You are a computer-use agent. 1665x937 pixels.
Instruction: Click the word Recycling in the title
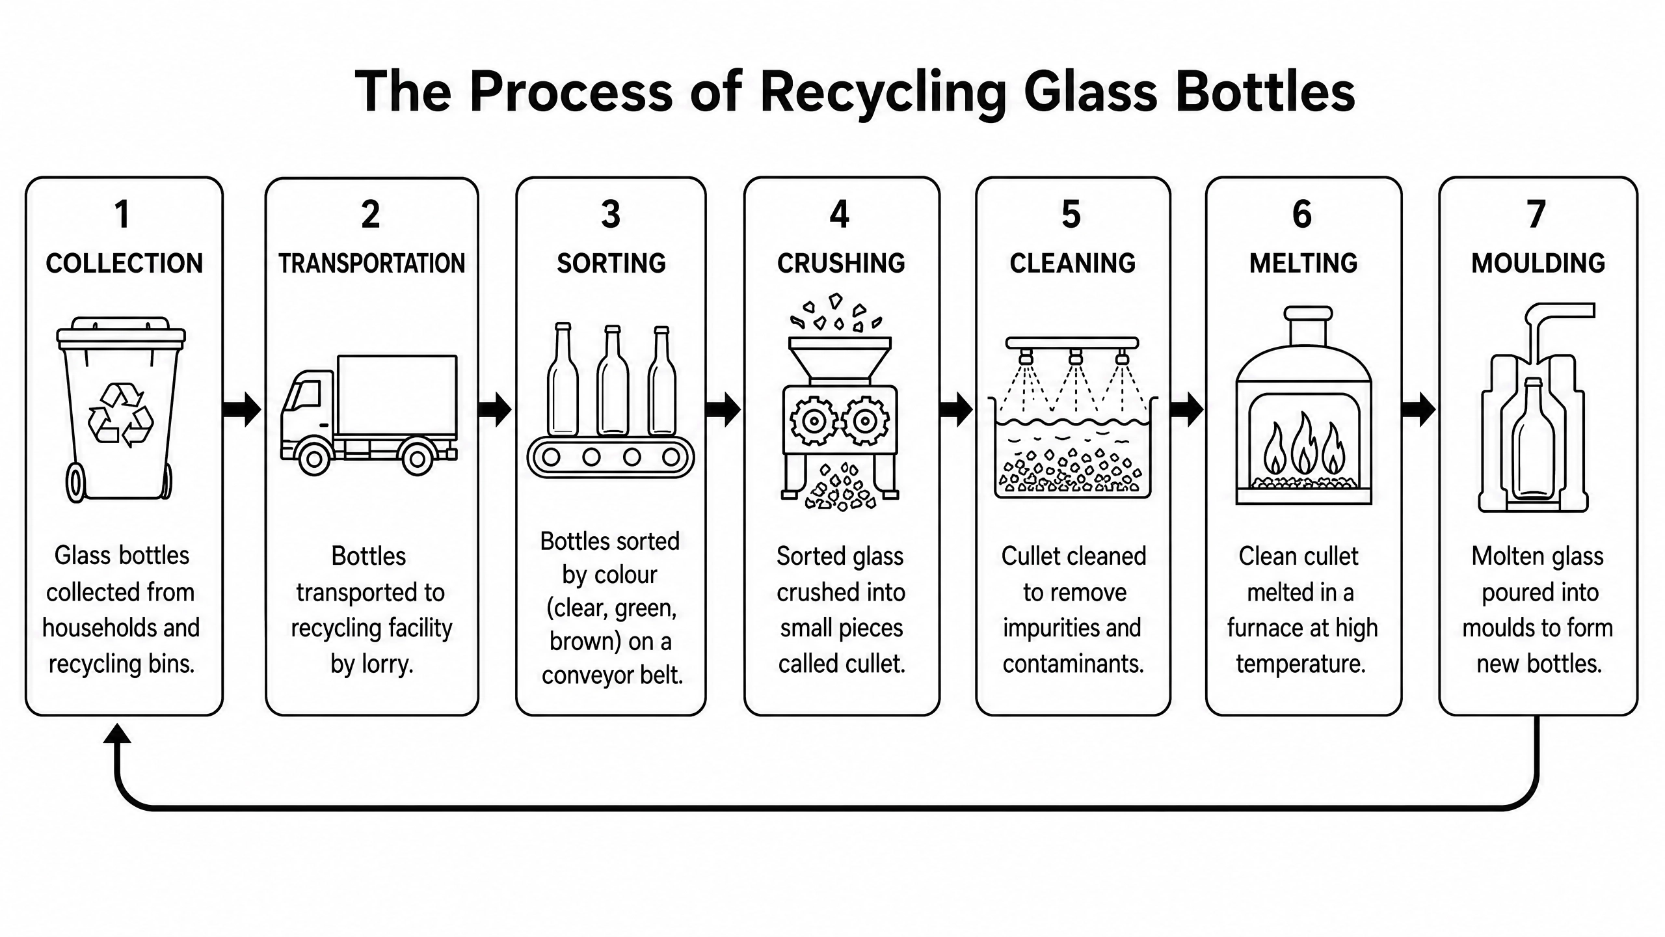(x=884, y=92)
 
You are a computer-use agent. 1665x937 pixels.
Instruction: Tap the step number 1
(x=122, y=214)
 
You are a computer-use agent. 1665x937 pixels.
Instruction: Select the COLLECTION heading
(x=124, y=264)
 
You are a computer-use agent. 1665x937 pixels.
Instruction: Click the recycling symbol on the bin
(x=120, y=415)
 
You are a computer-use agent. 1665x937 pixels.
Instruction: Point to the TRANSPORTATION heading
(x=372, y=264)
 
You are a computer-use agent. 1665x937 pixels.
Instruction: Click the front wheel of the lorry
(x=314, y=458)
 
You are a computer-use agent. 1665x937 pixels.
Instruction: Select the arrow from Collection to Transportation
(x=242, y=409)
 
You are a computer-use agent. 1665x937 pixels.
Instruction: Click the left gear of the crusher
(x=813, y=422)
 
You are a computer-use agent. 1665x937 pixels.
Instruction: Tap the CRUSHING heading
(x=841, y=264)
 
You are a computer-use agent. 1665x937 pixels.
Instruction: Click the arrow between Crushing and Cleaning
(x=957, y=409)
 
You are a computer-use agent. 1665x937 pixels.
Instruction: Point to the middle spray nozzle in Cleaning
(x=1076, y=357)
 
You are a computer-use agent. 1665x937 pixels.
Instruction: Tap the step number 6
(x=1302, y=214)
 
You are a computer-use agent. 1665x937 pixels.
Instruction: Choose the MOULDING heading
(x=1538, y=264)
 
